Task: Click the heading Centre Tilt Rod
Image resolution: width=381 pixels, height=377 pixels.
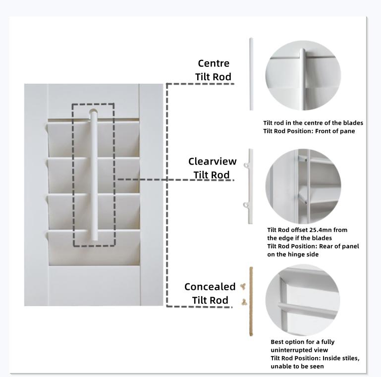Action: (x=214, y=70)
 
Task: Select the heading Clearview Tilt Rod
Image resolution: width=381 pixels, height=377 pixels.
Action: (x=212, y=168)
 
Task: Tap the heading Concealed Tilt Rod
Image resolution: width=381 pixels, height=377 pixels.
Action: (x=210, y=293)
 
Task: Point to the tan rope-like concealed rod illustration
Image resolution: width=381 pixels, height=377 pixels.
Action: (x=251, y=301)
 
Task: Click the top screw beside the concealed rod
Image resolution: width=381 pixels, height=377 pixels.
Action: (x=242, y=287)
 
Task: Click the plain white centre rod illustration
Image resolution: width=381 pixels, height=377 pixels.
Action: (x=251, y=74)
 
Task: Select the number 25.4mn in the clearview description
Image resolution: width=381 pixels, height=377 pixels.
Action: (x=319, y=230)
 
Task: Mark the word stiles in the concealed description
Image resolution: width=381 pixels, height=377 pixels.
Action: (x=350, y=358)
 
